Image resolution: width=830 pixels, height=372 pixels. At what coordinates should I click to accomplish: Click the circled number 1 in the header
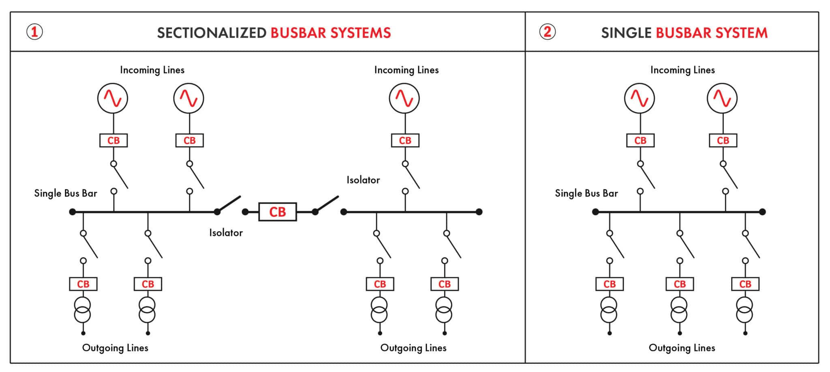click(34, 32)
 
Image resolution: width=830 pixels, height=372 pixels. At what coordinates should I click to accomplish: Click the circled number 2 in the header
click(547, 32)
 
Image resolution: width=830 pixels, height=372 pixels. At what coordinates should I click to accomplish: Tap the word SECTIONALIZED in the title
click(212, 33)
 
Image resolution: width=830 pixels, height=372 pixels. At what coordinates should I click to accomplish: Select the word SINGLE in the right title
click(626, 33)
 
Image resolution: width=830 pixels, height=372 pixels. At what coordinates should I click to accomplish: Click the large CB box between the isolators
click(278, 212)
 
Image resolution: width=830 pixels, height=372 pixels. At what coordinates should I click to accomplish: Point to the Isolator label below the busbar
click(226, 233)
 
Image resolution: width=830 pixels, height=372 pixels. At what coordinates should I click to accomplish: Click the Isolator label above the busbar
click(363, 180)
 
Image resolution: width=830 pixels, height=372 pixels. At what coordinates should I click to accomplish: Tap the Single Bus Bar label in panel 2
click(586, 194)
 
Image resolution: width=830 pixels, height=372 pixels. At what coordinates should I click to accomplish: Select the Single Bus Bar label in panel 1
click(66, 194)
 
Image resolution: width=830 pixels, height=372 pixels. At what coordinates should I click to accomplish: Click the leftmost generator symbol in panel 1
click(113, 98)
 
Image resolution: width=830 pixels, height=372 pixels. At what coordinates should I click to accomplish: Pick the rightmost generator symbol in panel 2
click(722, 98)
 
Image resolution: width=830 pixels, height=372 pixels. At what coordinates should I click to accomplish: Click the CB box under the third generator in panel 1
click(405, 140)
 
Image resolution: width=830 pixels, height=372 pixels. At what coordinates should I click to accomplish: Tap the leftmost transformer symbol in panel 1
click(83, 310)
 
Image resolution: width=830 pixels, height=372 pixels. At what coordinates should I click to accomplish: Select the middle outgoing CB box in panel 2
click(680, 284)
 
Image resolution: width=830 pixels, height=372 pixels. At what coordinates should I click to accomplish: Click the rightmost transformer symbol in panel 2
click(745, 310)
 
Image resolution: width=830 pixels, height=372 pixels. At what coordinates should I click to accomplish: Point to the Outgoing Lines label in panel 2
click(682, 348)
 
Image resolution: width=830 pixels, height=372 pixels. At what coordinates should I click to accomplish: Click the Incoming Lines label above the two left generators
click(152, 70)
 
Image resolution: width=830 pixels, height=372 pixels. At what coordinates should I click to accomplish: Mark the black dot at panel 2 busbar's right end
click(762, 212)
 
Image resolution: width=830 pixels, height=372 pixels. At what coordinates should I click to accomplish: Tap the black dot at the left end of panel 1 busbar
click(73, 212)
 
